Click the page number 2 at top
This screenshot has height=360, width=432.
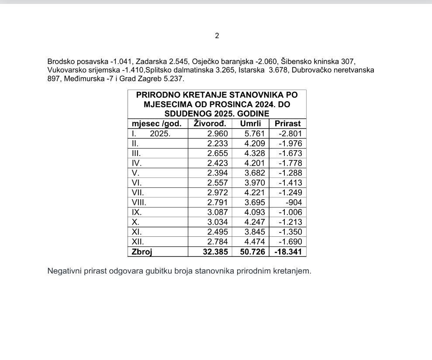(217, 36)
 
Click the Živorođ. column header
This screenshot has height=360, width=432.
(210, 124)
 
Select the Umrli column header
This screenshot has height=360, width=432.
(251, 124)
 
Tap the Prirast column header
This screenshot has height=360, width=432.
(287, 124)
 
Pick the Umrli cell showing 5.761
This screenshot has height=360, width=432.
(252, 134)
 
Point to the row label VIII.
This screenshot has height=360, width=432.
(139, 202)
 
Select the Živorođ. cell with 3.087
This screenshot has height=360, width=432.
(218, 212)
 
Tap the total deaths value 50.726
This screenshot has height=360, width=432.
(252, 252)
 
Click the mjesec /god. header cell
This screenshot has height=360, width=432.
(156, 124)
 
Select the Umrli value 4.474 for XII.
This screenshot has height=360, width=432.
(252, 242)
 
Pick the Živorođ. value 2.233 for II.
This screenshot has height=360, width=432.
(218, 143)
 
